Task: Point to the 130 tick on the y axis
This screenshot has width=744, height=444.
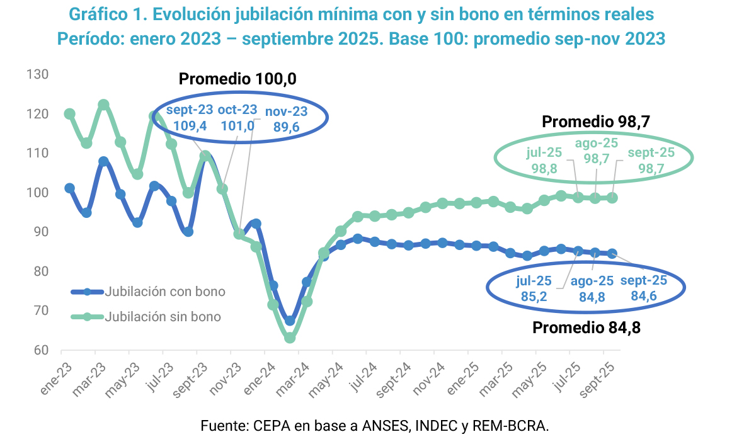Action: [38, 74]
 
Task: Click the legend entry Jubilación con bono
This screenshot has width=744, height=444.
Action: [165, 292]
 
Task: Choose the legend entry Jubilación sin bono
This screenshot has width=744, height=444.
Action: [163, 316]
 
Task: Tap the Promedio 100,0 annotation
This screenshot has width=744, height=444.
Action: [238, 79]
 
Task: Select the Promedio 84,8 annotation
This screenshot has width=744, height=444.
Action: [587, 327]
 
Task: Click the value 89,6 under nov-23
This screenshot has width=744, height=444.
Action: [286, 127]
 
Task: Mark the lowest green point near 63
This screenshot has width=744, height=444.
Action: [290, 338]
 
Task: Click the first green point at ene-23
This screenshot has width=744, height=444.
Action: [69, 114]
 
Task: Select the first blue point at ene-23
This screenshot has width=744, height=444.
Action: [69, 188]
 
